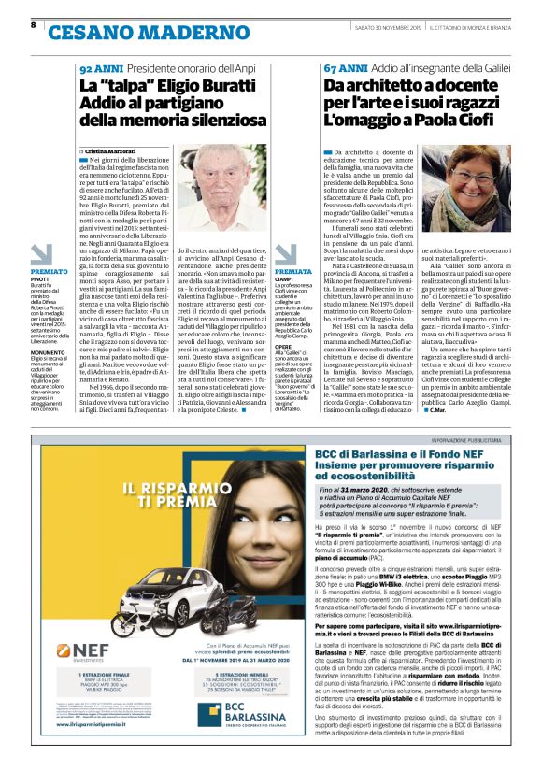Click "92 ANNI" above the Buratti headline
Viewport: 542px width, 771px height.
coord(98,69)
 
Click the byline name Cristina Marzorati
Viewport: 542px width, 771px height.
coord(111,150)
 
